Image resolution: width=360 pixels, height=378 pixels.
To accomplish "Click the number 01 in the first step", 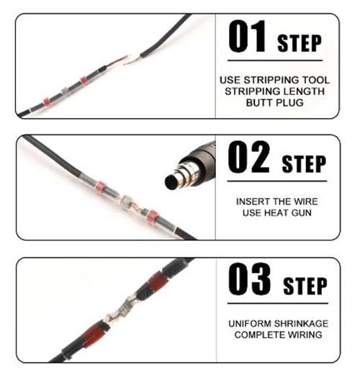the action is (247, 36).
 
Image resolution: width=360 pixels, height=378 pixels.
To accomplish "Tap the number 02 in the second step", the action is (248, 157).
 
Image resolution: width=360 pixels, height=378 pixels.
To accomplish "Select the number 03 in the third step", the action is (249, 279).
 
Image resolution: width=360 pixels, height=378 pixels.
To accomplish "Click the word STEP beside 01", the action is (300, 43).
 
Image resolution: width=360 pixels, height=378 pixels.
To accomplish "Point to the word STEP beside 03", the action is (305, 286).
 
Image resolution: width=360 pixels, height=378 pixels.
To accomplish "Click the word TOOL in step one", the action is (315, 80).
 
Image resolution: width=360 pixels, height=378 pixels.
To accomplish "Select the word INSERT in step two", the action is (251, 202).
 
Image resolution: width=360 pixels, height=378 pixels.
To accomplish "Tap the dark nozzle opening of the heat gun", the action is (171, 181).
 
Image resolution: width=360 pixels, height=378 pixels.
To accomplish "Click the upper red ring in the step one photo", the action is (84, 81).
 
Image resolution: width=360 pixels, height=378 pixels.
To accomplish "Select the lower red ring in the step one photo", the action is (46, 102).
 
